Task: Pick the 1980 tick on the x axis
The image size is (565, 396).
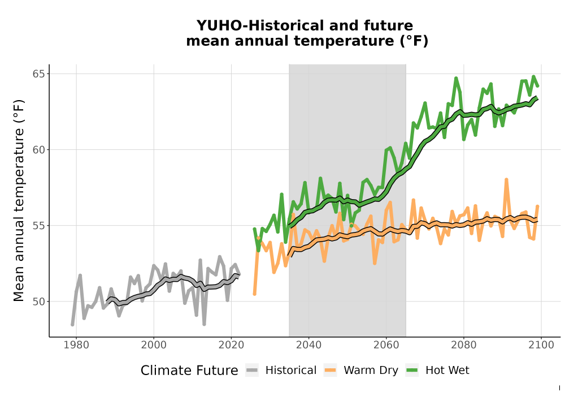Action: click(76, 345)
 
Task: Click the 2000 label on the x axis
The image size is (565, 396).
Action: click(154, 345)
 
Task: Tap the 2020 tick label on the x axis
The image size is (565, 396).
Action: click(231, 345)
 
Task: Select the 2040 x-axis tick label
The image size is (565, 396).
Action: click(309, 345)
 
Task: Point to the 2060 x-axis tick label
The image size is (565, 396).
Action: click(386, 345)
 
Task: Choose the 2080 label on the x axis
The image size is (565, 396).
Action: click(464, 345)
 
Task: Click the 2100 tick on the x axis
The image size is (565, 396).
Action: click(541, 345)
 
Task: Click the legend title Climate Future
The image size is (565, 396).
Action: click(189, 371)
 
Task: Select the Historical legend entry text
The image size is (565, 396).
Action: click(291, 371)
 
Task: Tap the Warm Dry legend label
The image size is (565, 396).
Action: click(371, 371)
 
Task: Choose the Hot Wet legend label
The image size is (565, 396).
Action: click(447, 371)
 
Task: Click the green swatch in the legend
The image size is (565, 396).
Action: click(412, 371)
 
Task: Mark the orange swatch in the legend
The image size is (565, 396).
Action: click(330, 371)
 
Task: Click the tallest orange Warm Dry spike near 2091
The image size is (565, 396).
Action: click(506, 179)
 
